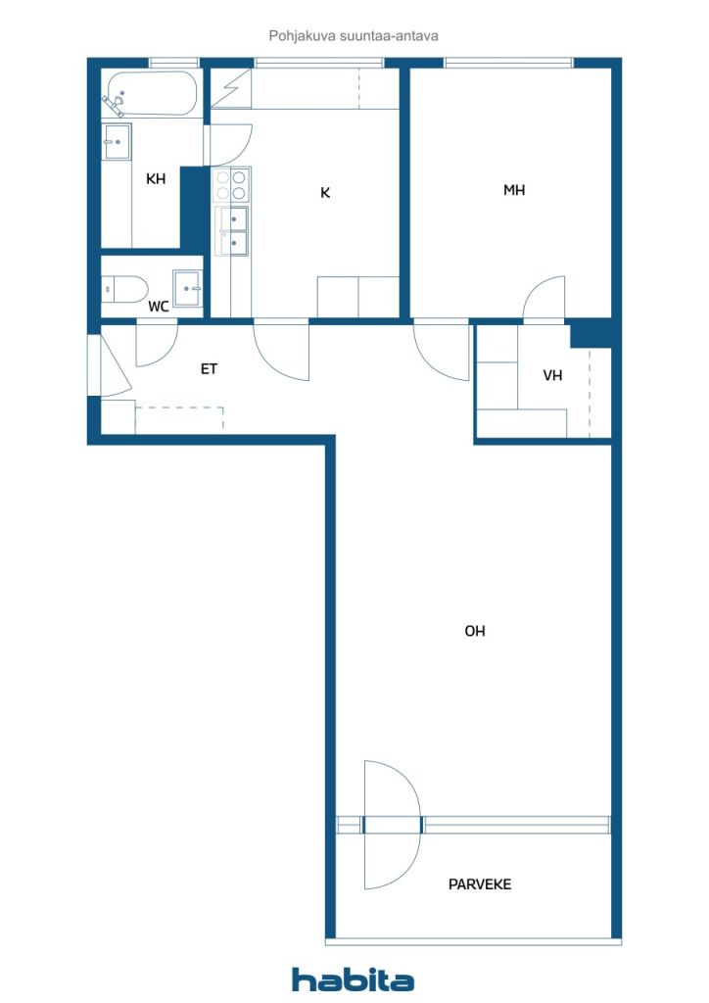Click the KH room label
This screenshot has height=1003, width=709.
coord(156,178)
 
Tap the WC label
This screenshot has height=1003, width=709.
coord(159,307)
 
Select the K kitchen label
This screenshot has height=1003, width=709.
coord(325,193)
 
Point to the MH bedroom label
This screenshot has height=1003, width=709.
coord(514,190)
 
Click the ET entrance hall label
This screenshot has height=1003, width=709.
coord(209,369)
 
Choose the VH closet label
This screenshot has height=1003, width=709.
coord(552,375)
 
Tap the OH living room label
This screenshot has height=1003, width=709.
coord(475,632)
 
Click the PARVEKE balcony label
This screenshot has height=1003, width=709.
coord(480,884)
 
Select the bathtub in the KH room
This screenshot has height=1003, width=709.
coord(152,93)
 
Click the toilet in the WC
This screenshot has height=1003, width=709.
coord(124,289)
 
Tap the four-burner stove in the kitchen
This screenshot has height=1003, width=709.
coord(231,185)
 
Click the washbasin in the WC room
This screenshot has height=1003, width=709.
coord(187,289)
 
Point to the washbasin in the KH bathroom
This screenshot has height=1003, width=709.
coord(117,141)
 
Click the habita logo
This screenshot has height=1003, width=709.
coord(353,979)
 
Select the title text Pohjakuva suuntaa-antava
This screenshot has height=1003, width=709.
coord(354,36)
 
